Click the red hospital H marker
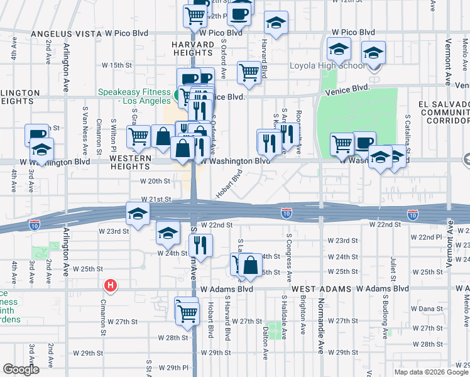(111, 286)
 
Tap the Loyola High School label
(326, 66)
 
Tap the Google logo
(21, 369)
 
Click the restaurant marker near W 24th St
(200, 244)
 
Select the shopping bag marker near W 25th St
(250, 265)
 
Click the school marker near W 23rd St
(168, 233)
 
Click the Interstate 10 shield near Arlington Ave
(34, 224)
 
